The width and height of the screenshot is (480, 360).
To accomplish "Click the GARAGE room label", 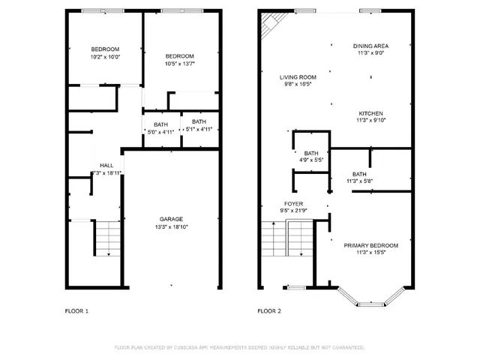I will [171, 219].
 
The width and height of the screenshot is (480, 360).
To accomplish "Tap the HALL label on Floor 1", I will [106, 166].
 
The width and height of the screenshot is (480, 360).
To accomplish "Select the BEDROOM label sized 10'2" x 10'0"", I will [105, 49].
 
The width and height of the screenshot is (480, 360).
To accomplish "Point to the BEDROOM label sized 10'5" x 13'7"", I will [180, 56].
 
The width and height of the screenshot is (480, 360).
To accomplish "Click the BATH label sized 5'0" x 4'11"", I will [160, 124].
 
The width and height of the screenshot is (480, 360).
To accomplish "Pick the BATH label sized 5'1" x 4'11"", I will [199, 121].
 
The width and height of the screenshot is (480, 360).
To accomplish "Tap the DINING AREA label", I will [371, 46].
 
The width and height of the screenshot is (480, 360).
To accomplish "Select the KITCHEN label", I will [370, 112].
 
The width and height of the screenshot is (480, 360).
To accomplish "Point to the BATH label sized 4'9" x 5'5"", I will [311, 153].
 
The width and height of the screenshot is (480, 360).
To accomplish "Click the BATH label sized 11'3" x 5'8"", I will [360, 174].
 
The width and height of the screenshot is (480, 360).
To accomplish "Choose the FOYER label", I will [293, 204].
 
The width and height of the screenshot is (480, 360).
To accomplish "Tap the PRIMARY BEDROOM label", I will [370, 245].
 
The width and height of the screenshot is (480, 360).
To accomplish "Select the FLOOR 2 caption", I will [268, 310].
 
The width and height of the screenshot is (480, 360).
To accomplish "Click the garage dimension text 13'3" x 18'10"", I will [171, 226].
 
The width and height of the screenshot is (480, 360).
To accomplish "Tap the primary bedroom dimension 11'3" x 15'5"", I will [370, 253].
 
